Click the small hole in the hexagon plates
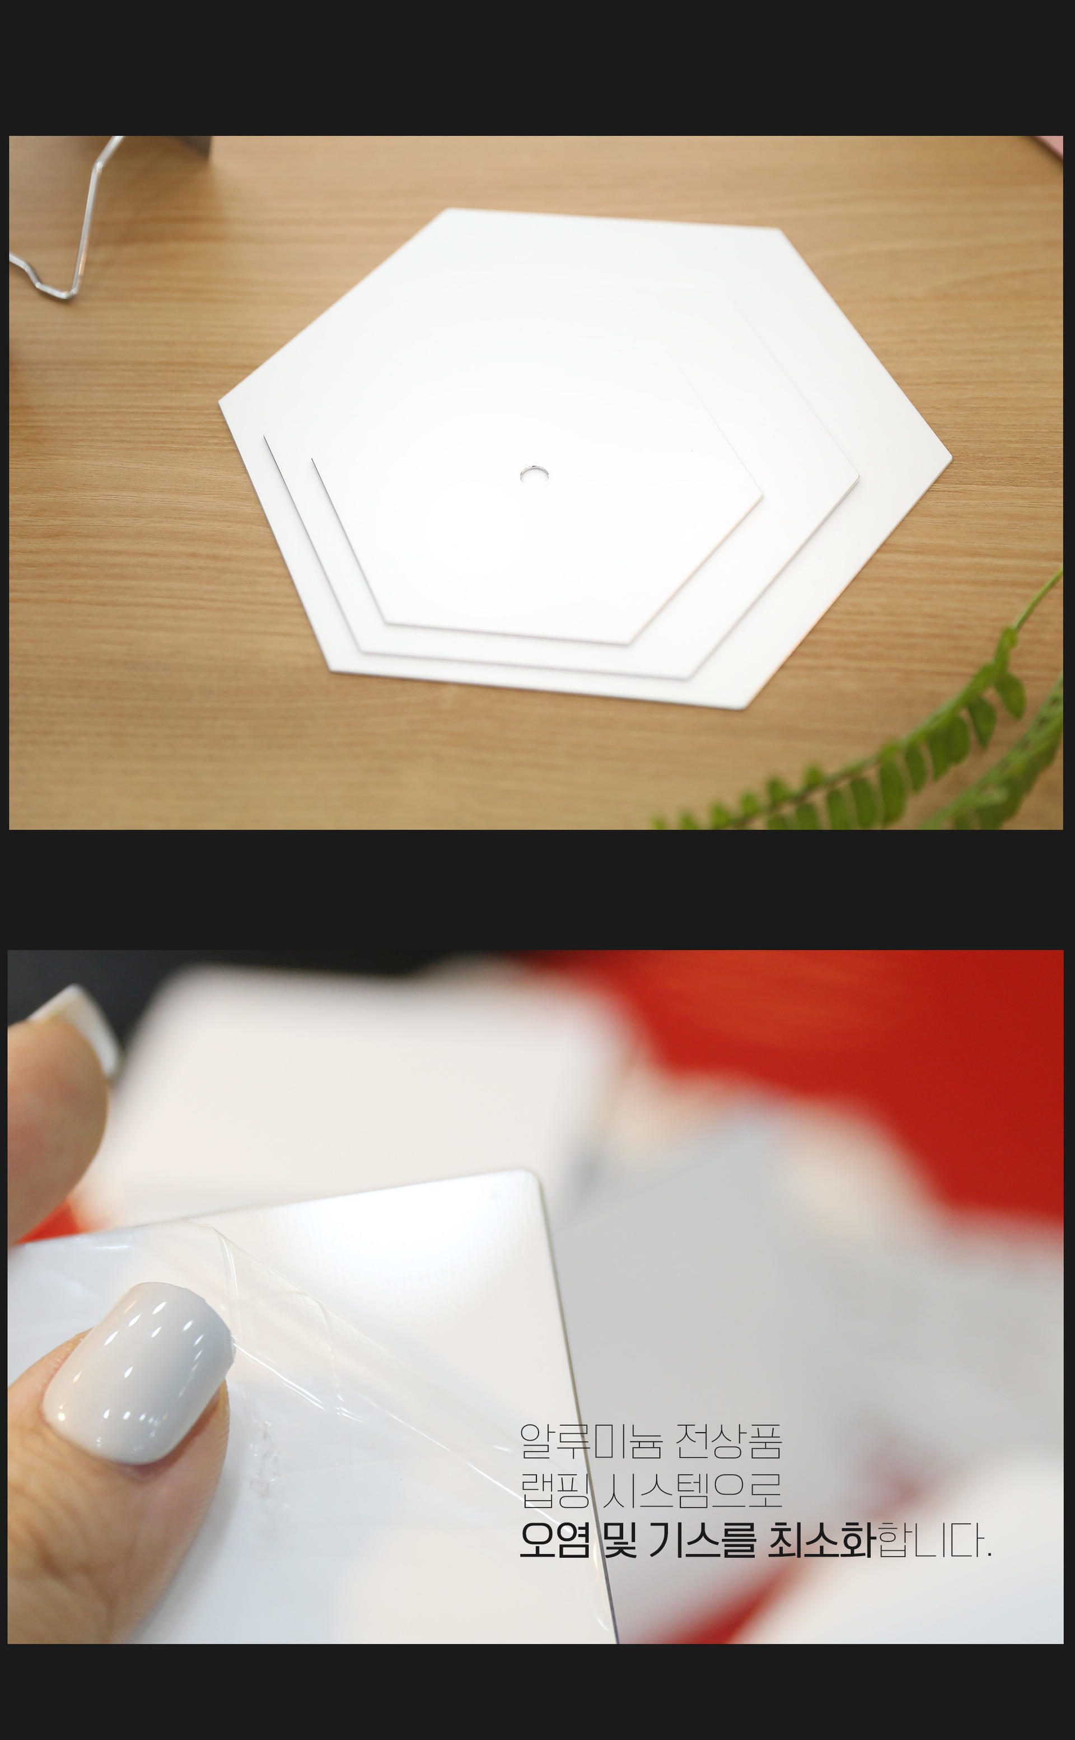click(x=531, y=474)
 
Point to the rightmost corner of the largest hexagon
click(x=951, y=459)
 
